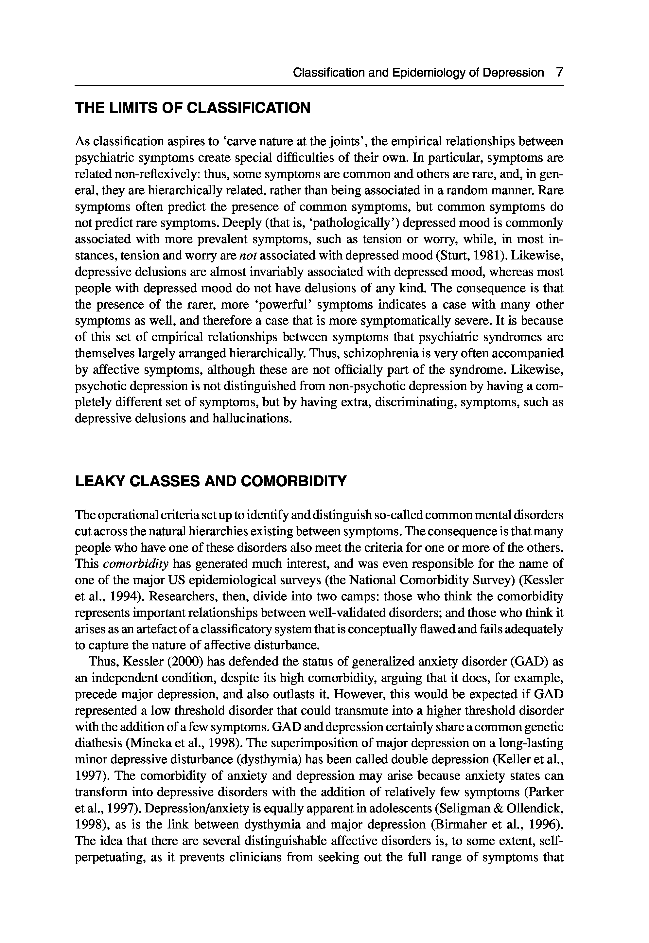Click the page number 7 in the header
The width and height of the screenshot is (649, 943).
click(560, 73)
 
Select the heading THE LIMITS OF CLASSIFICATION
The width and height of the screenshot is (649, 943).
click(192, 108)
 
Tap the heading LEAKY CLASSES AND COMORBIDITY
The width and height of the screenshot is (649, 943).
click(211, 481)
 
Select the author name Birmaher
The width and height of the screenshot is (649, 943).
click(457, 824)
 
